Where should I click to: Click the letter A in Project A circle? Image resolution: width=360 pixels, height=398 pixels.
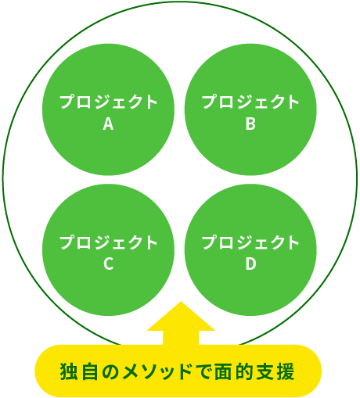(108, 124)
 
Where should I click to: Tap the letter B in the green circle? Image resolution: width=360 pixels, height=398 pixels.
(250, 124)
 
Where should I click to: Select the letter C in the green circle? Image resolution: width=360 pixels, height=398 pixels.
(108, 264)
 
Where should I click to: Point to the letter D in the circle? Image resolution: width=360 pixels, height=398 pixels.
(250, 264)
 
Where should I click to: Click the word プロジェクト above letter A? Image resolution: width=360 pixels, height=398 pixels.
(109, 102)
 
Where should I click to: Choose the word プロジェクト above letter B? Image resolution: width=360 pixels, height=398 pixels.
(250, 102)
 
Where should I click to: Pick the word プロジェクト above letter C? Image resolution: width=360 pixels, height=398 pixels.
(109, 242)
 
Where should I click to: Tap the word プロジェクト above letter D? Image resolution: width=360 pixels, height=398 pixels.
(250, 242)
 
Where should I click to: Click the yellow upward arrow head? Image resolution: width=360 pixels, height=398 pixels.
(181, 316)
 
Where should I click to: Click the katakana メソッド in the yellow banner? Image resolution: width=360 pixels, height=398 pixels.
(156, 371)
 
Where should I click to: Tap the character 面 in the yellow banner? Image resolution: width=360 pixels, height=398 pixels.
(223, 371)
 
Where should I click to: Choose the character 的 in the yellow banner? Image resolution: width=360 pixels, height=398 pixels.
(244, 371)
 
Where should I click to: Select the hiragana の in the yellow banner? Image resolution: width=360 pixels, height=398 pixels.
(110, 371)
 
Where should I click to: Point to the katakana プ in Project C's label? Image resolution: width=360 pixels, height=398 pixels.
(67, 242)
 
